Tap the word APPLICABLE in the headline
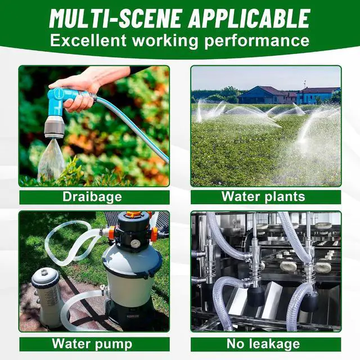249,19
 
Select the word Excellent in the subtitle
88,40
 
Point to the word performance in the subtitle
257,41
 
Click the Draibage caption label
92,197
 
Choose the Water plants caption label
263,197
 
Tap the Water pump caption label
92,344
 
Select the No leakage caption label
263,344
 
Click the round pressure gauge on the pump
136,243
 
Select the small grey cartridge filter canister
47,299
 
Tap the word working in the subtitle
165,41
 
